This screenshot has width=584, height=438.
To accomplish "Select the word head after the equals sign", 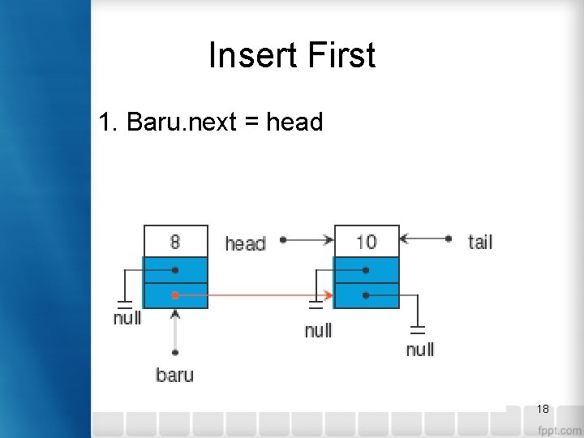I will (294, 122).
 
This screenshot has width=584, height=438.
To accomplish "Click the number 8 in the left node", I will (175, 241).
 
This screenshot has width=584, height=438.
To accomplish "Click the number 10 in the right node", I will (367, 241).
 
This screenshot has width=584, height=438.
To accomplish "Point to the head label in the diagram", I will (245, 243).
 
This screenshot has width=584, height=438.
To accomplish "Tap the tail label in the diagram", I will (480, 242).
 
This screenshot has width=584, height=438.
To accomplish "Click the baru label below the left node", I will (174, 375).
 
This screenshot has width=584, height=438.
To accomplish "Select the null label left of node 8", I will (127, 318).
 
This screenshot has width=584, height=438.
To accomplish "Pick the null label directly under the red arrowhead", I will (318, 331).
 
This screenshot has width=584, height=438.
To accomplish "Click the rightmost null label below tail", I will (419, 350).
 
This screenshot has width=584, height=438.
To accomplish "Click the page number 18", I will (543, 409).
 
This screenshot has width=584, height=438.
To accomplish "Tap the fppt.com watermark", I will (558, 429).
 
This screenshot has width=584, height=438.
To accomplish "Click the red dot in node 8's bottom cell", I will (175, 295).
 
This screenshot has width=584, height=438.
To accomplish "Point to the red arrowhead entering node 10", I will (328, 295).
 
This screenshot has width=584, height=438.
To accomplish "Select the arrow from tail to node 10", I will (423, 239).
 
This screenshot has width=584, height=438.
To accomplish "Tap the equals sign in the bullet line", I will (251, 123).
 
